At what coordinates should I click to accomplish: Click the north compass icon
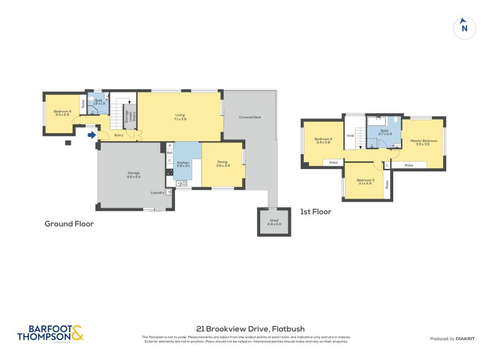click(x=464, y=28)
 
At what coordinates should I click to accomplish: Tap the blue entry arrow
click(x=92, y=135)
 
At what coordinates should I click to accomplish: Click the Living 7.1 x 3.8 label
click(x=180, y=117)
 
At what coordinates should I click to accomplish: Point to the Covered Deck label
click(x=250, y=117)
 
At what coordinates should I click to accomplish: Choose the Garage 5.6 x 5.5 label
click(x=134, y=174)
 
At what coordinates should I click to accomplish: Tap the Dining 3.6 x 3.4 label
click(x=222, y=164)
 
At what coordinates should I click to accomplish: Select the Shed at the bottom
click(x=274, y=222)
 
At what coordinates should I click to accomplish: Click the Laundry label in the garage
click(x=157, y=192)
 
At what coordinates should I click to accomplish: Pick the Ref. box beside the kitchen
click(x=169, y=153)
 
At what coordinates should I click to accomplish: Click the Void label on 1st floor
click(x=350, y=136)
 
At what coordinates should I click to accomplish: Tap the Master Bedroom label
click(x=424, y=142)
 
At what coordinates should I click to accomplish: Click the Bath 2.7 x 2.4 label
click(x=385, y=132)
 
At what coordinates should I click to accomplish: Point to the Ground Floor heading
click(x=69, y=224)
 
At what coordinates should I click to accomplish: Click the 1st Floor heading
click(x=316, y=211)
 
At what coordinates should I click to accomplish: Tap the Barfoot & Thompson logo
click(x=50, y=333)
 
